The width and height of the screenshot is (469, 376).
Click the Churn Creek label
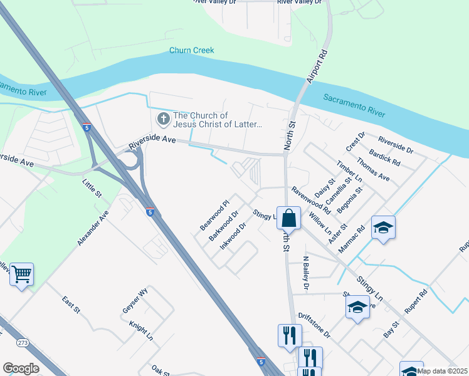(x=192, y=51)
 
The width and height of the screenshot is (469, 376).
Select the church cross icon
(x=163, y=118)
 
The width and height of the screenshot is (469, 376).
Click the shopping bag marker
(x=288, y=219)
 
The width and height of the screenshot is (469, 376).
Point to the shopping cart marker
(x=21, y=274)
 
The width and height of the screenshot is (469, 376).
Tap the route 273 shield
(x=23, y=343)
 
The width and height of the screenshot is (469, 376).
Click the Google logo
(x=21, y=368)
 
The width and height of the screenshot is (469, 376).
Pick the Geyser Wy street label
(x=135, y=301)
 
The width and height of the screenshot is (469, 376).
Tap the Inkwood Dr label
(x=233, y=236)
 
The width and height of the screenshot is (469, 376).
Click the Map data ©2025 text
(x=443, y=371)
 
